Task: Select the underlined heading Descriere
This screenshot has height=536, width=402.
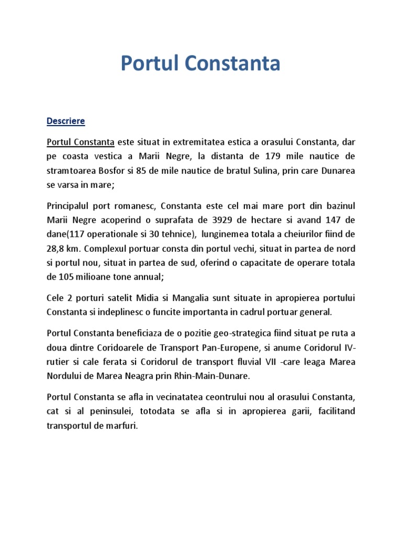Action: pyautogui.click(x=65, y=121)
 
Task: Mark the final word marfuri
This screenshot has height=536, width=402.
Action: pyautogui.click(x=122, y=426)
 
